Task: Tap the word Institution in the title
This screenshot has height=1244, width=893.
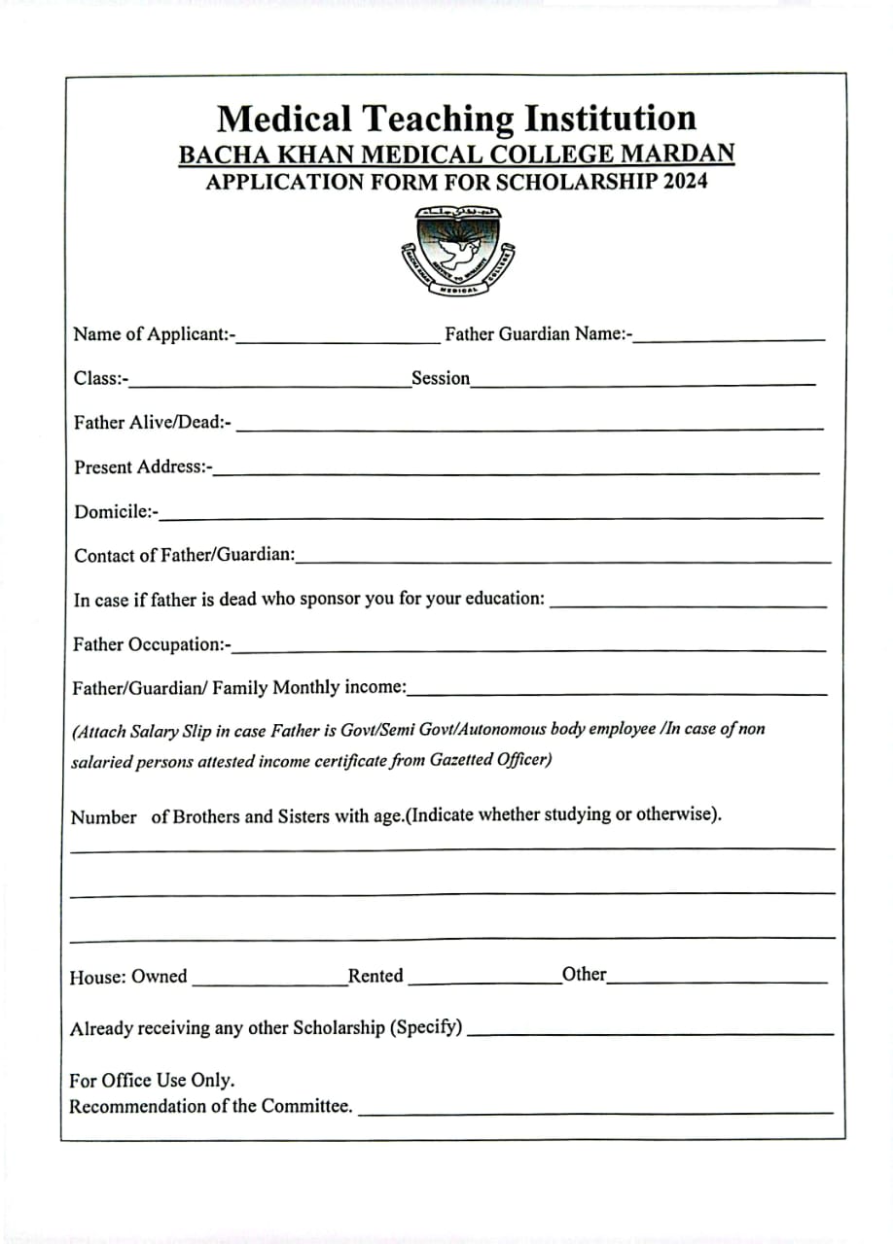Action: point(610,119)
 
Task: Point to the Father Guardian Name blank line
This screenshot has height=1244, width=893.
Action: point(730,338)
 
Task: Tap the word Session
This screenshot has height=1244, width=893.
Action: point(441,378)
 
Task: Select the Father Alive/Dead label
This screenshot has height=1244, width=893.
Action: point(152,423)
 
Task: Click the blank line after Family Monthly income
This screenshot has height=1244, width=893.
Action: point(618,694)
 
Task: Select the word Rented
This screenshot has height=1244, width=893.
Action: point(375,976)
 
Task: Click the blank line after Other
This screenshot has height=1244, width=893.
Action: point(717,982)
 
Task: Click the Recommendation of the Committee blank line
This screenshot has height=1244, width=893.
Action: point(595,1111)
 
